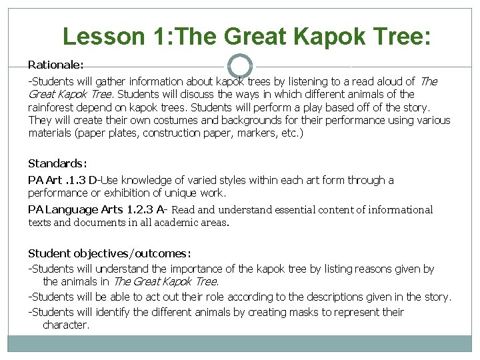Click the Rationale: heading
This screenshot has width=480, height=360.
pyautogui.click(x=55, y=65)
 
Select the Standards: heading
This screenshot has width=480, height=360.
pyautogui.click(x=57, y=163)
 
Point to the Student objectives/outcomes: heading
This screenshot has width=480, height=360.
pyautogui.click(x=109, y=253)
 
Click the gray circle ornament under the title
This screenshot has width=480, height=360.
pyautogui.click(x=240, y=66)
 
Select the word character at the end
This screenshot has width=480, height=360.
pyautogui.click(x=65, y=325)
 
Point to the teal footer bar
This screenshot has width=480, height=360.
pyautogui.click(x=240, y=343)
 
